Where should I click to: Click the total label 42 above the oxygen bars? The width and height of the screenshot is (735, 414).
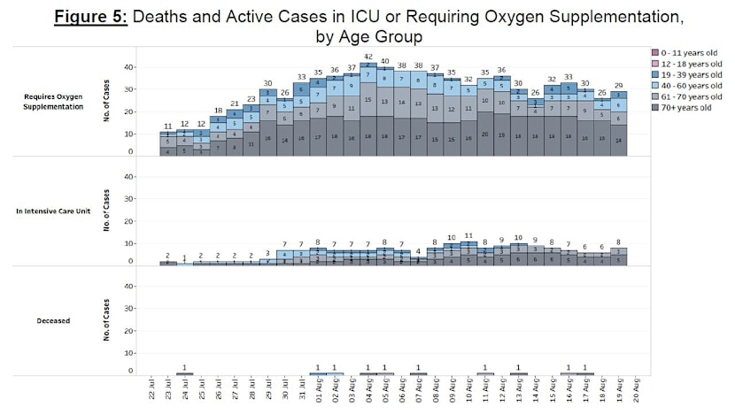tap(368, 56)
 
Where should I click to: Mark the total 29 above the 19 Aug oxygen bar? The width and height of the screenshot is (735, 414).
tap(619, 85)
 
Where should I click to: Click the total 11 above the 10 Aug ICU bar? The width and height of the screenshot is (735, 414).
tap(468, 235)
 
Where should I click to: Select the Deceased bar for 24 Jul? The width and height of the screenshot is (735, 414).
tap(184, 373)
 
